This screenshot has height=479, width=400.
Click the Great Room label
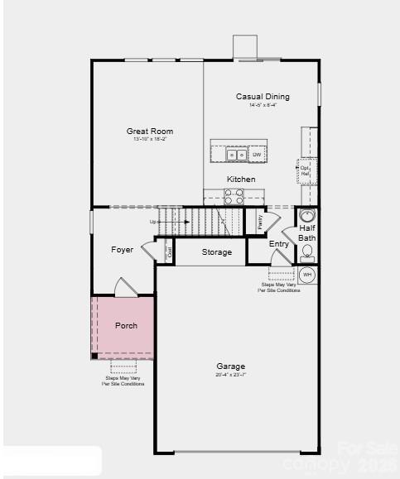[x=150, y=131]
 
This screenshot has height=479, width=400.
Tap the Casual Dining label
[x=263, y=97]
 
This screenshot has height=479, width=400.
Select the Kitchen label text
[x=241, y=179]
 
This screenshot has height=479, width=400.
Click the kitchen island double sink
[x=236, y=155]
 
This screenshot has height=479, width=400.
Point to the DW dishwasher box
[x=257, y=155]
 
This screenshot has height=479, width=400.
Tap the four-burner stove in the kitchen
[x=234, y=196]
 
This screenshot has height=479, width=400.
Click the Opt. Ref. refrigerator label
[x=304, y=172]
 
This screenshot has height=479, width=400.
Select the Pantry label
[x=259, y=222]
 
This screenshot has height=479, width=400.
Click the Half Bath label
[x=307, y=232]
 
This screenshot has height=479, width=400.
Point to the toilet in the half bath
[x=307, y=251]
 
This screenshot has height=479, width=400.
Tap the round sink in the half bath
[x=307, y=216]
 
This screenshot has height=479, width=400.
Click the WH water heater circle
[x=307, y=274]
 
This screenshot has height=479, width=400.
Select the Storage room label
[x=217, y=252]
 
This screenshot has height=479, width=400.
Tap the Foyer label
[x=123, y=249]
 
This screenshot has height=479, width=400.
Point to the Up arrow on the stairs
[x=155, y=222]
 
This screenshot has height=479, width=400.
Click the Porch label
[x=126, y=325]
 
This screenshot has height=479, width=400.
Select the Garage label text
[x=230, y=366]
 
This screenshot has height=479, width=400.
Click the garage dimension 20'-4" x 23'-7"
[x=230, y=375]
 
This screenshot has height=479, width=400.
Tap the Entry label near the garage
[x=279, y=244]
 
